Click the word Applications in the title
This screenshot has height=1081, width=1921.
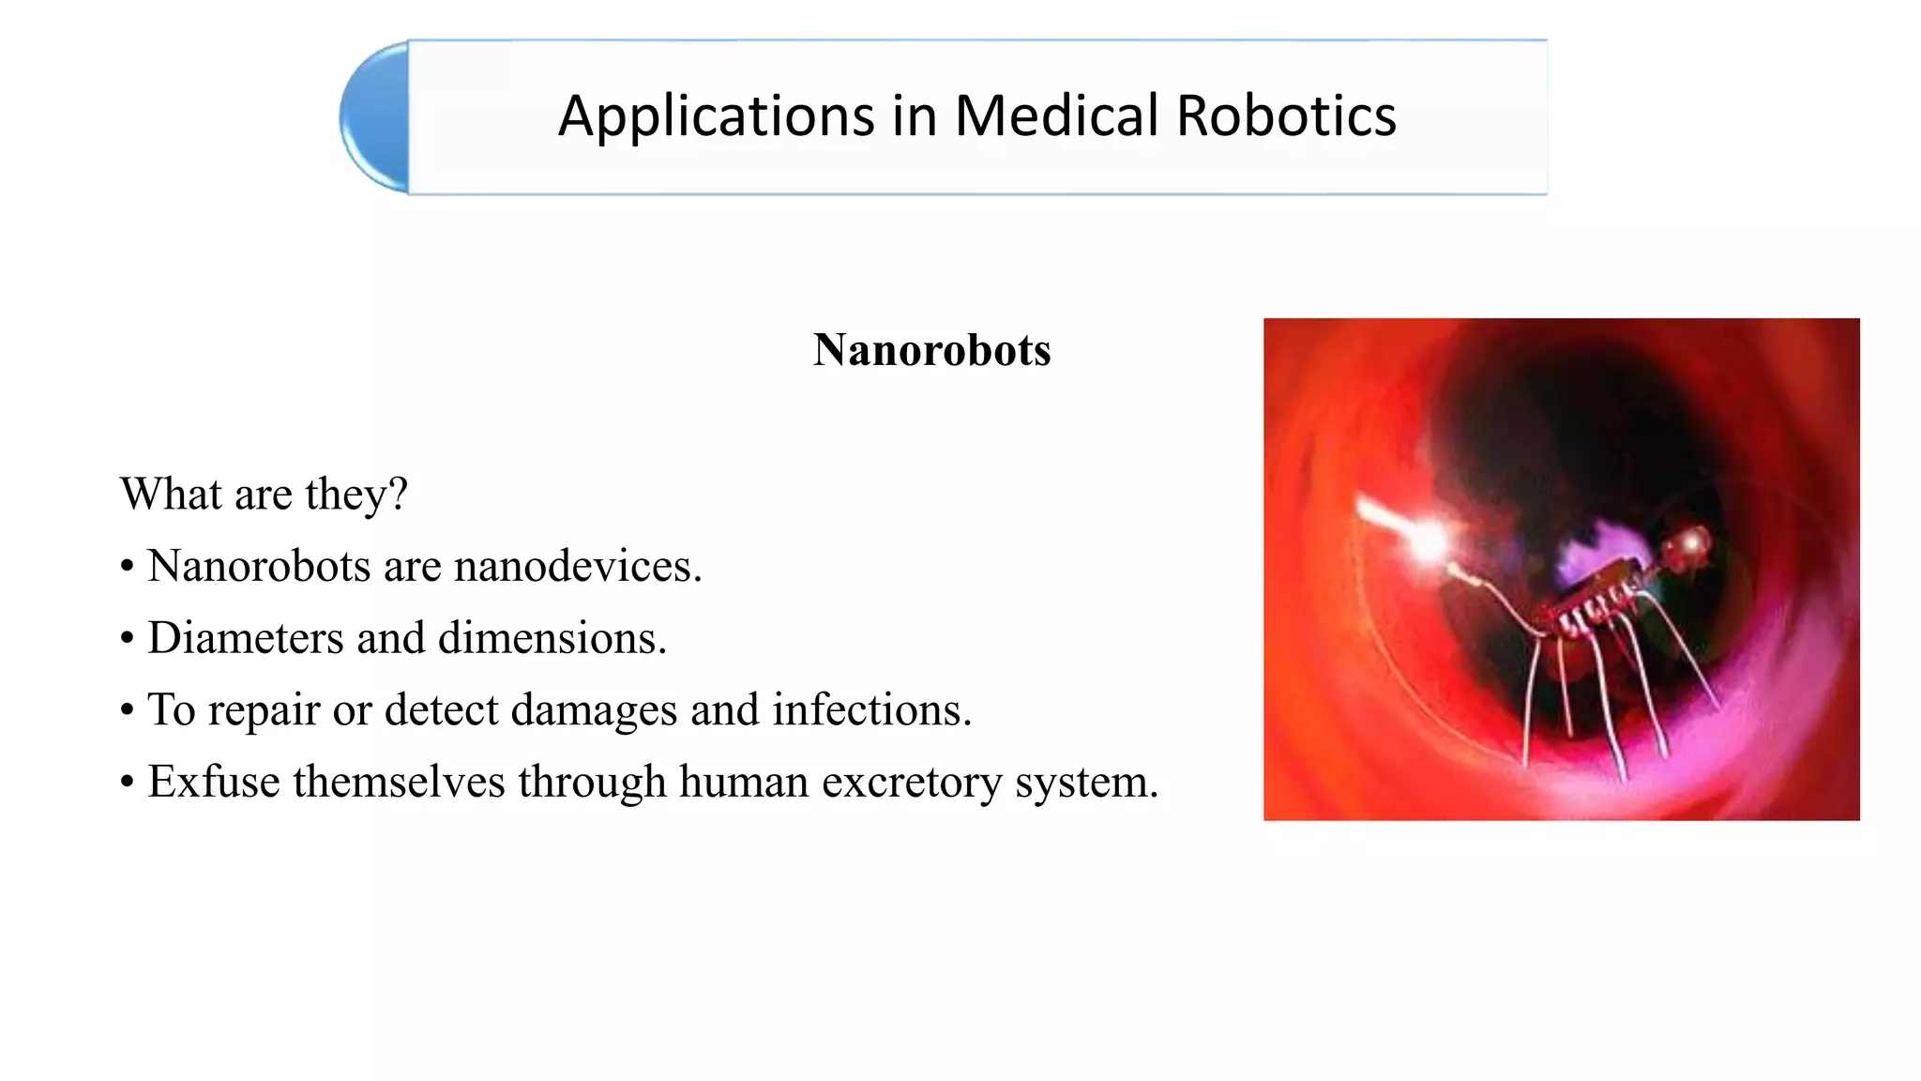pyautogui.click(x=717, y=117)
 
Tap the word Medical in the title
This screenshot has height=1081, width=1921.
pyautogui.click(x=1056, y=116)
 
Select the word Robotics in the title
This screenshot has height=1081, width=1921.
pyautogui.click(x=1286, y=116)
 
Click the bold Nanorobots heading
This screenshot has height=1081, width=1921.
pyautogui.click(x=931, y=350)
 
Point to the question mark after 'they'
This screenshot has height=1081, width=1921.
pyautogui.click(x=399, y=494)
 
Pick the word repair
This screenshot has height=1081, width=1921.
pyautogui.click(x=265, y=710)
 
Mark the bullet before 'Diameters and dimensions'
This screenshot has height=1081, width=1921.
pyautogui.click(x=128, y=639)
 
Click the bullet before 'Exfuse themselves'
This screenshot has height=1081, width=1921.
pyautogui.click(x=128, y=783)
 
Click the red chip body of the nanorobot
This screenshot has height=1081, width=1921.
pyautogui.click(x=1595, y=605)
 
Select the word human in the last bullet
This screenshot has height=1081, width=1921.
pyautogui.click(x=744, y=782)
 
